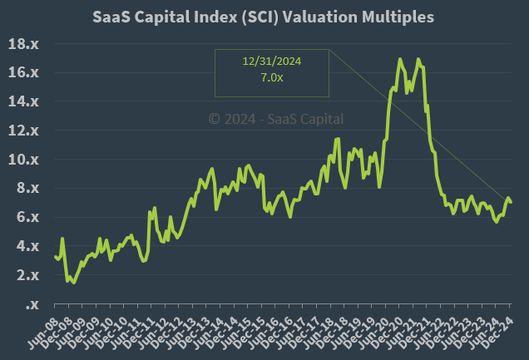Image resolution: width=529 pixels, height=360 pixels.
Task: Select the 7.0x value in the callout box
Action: tap(270, 78)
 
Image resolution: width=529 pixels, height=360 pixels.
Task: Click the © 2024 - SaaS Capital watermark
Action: tap(275, 119)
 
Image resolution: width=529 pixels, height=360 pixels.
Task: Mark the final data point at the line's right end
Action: tap(511, 202)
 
